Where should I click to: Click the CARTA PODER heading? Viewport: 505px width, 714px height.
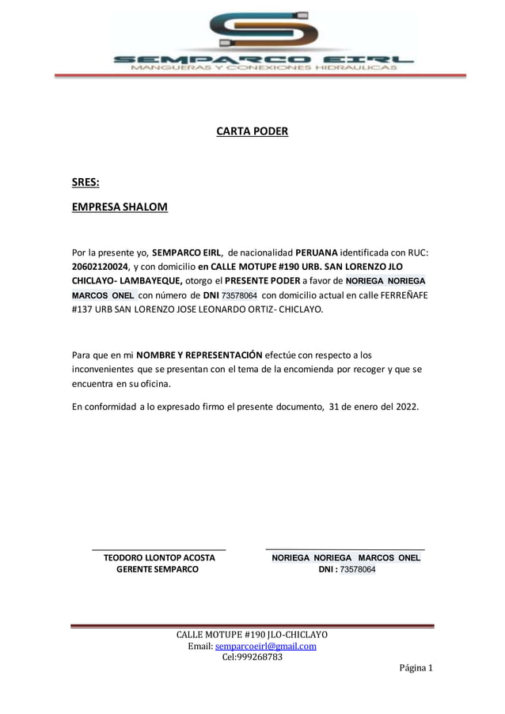pyautogui.click(x=252, y=131)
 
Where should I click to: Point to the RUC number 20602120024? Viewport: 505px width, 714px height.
pyautogui.click(x=99, y=266)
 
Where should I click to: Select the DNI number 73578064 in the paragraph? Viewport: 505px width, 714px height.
pyautogui.click(x=239, y=295)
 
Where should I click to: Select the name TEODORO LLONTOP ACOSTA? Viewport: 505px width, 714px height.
pyautogui.click(x=160, y=558)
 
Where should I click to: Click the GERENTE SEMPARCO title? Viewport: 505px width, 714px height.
pyautogui.click(x=158, y=569)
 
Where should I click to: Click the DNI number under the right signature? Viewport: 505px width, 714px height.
pyautogui.click(x=357, y=569)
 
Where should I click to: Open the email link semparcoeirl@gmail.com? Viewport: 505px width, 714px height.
pyautogui.click(x=266, y=646)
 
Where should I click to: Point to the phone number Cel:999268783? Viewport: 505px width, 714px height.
pyautogui.click(x=252, y=657)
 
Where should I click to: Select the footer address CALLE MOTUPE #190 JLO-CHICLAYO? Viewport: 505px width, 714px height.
pyautogui.click(x=252, y=635)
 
